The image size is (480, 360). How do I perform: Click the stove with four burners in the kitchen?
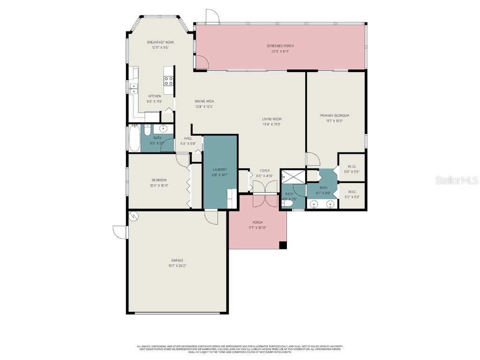point(169,81)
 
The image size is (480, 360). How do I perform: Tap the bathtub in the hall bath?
point(134,138)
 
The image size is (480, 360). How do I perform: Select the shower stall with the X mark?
point(293,177)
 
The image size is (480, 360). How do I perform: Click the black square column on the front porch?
point(283,245)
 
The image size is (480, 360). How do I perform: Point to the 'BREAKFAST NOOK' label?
point(160,42)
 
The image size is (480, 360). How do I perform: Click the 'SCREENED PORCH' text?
point(280,46)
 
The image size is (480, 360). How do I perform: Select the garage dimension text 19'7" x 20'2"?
point(177,266)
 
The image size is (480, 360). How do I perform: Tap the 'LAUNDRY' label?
point(220,170)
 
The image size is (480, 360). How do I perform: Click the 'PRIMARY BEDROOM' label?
point(334,115)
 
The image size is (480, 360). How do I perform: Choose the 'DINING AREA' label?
point(204,101)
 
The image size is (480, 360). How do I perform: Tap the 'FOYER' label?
point(265,171)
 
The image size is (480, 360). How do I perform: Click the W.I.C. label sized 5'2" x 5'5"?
point(352,166)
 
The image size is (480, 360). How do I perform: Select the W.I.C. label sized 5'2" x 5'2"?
point(352,192)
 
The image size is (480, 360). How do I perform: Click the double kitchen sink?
point(134,88)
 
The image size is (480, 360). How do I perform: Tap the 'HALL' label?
point(188,138)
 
